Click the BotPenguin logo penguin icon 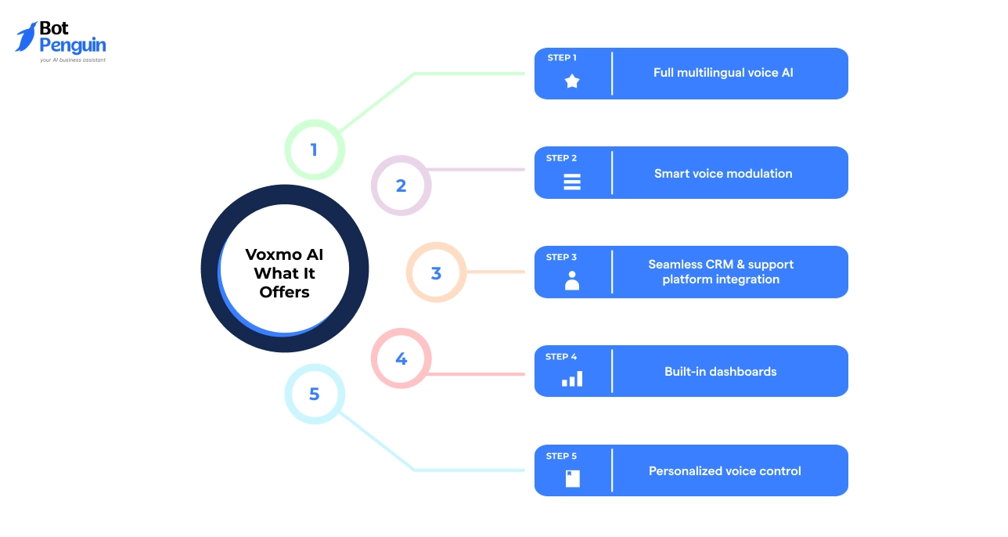point(27,37)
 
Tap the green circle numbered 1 point(314,150)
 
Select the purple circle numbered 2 point(401,186)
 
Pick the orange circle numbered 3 point(436,272)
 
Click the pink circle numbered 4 point(401,359)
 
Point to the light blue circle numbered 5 point(314,394)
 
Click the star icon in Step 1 point(572,81)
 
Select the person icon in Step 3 point(572,280)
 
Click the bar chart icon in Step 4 point(572,380)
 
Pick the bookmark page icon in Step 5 point(572,478)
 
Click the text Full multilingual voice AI point(723,73)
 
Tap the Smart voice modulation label point(723,173)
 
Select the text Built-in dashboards point(720,372)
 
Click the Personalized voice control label point(725,471)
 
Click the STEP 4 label point(561,357)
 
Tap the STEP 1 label point(562,58)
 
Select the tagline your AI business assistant point(73,59)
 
